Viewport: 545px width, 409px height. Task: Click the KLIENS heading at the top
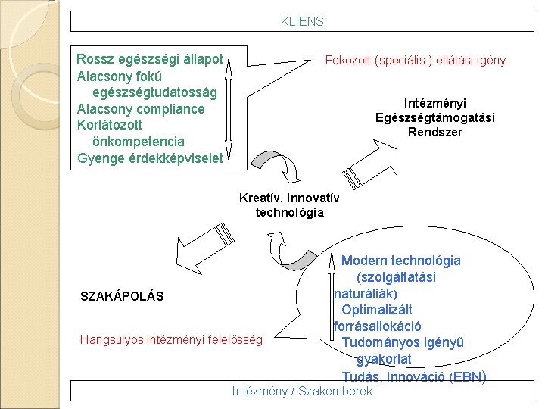click(x=301, y=22)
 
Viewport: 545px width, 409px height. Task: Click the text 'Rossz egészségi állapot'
click(x=150, y=59)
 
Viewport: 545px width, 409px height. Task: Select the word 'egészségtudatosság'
click(x=154, y=92)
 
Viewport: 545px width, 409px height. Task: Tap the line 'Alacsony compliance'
click(x=141, y=109)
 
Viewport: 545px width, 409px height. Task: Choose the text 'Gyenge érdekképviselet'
click(x=150, y=158)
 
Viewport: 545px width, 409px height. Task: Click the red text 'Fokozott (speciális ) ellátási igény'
click(x=415, y=61)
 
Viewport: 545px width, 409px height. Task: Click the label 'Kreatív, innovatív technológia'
click(x=289, y=205)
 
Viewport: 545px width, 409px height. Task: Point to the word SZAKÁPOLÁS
click(x=122, y=295)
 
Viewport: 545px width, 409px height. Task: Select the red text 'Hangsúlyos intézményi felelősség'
click(x=171, y=340)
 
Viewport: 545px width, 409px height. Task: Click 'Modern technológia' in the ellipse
click(x=400, y=261)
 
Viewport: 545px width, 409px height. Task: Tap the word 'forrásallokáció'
click(x=377, y=326)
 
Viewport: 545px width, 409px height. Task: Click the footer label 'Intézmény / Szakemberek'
click(x=303, y=392)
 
